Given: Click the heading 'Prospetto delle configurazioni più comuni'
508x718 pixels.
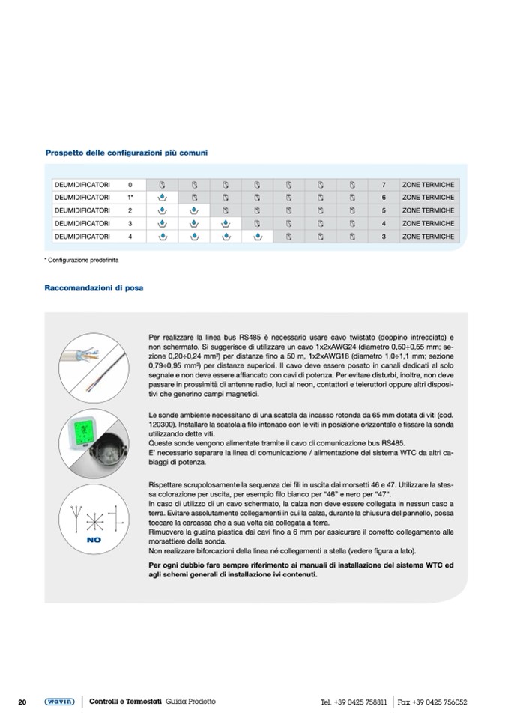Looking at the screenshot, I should pyautogui.click(x=127, y=153).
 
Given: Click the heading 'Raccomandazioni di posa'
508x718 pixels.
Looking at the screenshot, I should pyautogui.click(x=94, y=287).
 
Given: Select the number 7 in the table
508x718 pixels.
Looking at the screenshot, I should pyautogui.click(x=383, y=184).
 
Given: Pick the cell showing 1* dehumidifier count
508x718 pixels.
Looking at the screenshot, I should pyautogui.click(x=130, y=198).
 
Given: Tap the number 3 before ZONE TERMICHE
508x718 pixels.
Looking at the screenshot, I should pyautogui.click(x=383, y=237).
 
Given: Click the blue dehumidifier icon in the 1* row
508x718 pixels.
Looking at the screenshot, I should pyautogui.click(x=161, y=198).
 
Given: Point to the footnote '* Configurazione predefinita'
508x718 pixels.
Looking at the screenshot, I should pyautogui.click(x=82, y=260).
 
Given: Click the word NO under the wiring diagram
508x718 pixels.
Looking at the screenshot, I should pyautogui.click(x=94, y=538).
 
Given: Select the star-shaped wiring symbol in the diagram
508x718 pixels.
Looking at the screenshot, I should pyautogui.click(x=94, y=517).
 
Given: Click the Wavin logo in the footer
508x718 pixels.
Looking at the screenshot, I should pyautogui.click(x=58, y=702).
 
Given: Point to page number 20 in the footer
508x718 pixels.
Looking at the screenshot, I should pyautogui.click(x=22, y=702).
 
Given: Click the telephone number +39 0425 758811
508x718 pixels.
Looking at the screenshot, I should pyautogui.click(x=360, y=702).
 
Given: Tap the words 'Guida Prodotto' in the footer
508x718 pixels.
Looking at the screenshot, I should pyautogui.click(x=190, y=702).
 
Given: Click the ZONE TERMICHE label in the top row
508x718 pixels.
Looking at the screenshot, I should pyautogui.click(x=428, y=184).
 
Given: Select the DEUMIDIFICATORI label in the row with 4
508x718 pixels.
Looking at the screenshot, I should pyautogui.click(x=82, y=237).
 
